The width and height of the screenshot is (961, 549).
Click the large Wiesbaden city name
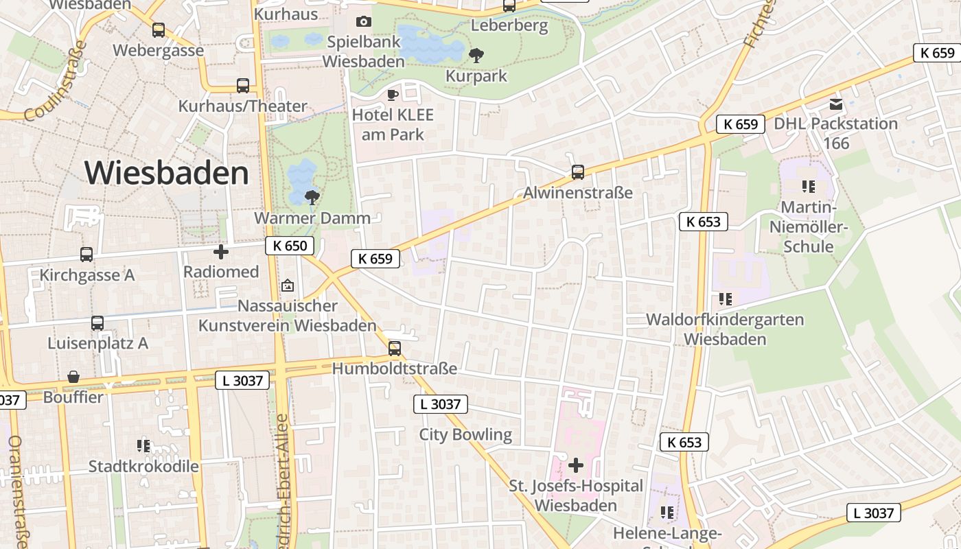[x=167, y=172]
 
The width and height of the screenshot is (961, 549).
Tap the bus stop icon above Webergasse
[x=159, y=30]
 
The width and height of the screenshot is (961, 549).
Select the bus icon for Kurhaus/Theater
[x=243, y=86]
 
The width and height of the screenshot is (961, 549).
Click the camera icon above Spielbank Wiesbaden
[x=364, y=22]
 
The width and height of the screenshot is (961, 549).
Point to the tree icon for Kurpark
[x=475, y=56]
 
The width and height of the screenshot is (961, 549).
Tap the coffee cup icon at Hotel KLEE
[x=393, y=95]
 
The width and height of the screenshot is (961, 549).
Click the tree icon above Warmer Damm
[x=312, y=198]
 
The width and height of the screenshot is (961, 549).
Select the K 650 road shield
[x=290, y=246]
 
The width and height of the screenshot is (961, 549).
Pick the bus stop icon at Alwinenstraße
[x=578, y=172]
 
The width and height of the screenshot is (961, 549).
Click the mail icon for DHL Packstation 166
[x=836, y=104]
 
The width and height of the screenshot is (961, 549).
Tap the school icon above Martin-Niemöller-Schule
[x=808, y=187]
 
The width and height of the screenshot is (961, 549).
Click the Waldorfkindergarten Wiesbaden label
[x=725, y=329]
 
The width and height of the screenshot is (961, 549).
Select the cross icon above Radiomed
[x=221, y=252]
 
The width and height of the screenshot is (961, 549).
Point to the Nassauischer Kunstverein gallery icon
[x=288, y=285]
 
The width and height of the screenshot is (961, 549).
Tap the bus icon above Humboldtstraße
[x=395, y=349]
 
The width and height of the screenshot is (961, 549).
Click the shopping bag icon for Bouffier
[x=73, y=377]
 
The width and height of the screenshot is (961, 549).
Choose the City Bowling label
[x=465, y=434]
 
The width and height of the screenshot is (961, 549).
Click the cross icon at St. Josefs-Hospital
[x=576, y=466]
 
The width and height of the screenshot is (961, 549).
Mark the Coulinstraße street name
[x=56, y=81]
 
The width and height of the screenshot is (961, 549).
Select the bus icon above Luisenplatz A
[x=97, y=323]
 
